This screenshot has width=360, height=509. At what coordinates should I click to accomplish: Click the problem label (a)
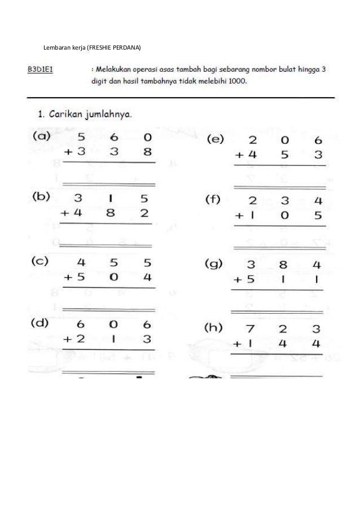(x=41, y=136)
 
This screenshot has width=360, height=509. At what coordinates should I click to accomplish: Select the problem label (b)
(x=41, y=197)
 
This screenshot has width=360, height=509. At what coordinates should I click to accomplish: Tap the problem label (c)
(x=41, y=262)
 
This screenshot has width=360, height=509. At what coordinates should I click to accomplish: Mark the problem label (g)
(x=214, y=264)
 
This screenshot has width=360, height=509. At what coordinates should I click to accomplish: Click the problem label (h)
(x=215, y=329)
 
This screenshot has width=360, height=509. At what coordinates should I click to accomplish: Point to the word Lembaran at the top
(x=56, y=47)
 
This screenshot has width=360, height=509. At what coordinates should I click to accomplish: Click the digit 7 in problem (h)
(x=251, y=328)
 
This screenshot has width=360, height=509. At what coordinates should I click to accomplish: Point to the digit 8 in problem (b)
(x=115, y=213)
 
